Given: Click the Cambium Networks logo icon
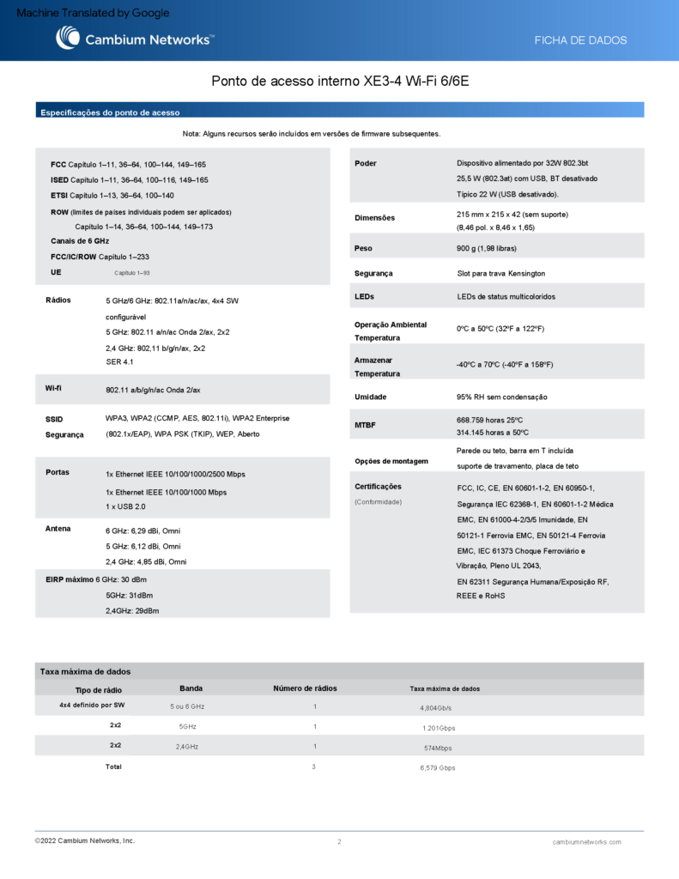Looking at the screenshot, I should point(68,38).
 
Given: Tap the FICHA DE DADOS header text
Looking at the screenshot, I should point(580,40).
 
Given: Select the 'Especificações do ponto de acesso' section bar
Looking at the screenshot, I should point(110,112).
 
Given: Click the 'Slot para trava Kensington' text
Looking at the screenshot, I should point(500,273).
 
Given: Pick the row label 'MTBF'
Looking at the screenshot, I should point(365,425).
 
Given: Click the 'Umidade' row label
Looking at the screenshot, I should point(370,397).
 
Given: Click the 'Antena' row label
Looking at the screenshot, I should point(58,528).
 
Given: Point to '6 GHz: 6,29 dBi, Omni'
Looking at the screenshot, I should point(142,532).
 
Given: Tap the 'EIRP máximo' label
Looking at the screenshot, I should point(66,580).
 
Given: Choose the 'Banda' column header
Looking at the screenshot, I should point(191,688).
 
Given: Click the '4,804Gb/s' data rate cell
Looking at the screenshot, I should point(435,708).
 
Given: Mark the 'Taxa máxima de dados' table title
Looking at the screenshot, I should point(85,671).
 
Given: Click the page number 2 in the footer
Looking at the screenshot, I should point(339,842).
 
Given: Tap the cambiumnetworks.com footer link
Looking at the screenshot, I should point(586,842).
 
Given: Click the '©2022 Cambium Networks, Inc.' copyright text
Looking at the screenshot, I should point(84,840).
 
